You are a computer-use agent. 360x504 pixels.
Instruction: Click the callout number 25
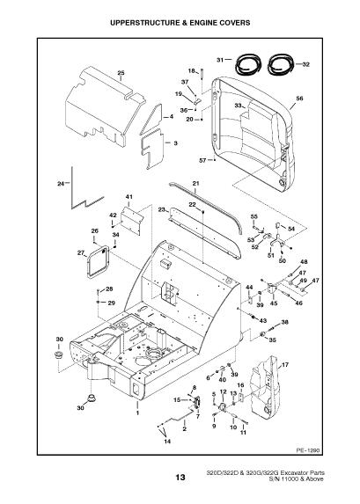pyautogui.click(x=121, y=73)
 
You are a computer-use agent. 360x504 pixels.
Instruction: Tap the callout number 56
pyautogui.click(x=299, y=99)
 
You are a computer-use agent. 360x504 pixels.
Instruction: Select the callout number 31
pyautogui.click(x=220, y=60)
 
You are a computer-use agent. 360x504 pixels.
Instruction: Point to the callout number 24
pyautogui.click(x=61, y=184)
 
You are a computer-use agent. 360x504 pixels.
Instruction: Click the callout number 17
pyautogui.click(x=285, y=365)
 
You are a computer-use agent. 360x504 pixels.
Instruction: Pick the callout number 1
pyautogui.click(x=137, y=413)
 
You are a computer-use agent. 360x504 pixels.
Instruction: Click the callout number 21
pyautogui.click(x=196, y=184)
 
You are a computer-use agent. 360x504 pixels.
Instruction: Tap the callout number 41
pyautogui.click(x=129, y=197)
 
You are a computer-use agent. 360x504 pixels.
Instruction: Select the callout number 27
pyautogui.click(x=81, y=253)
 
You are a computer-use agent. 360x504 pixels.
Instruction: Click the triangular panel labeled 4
pyautogui.click(x=151, y=120)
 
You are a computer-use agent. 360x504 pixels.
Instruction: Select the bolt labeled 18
pyautogui.click(x=202, y=76)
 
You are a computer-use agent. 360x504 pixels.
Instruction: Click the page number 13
pyautogui.click(x=180, y=477)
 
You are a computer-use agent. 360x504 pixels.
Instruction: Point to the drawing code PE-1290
pyautogui.click(x=308, y=450)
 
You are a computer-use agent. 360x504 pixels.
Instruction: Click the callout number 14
pyautogui.click(x=167, y=442)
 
